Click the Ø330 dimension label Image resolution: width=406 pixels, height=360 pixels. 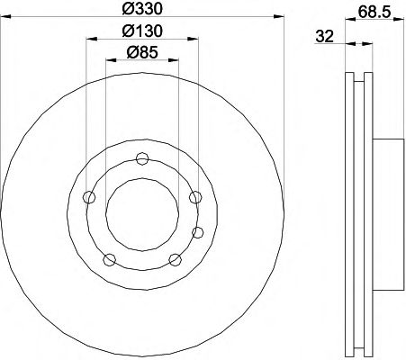142,9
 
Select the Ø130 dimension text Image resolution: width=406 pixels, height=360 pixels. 142,31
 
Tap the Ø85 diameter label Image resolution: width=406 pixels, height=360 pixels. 142,53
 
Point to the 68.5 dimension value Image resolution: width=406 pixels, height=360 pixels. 374,12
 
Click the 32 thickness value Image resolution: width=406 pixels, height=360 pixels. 325,37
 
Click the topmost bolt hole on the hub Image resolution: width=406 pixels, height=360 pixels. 142,158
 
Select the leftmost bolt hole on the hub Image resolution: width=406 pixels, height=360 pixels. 89,197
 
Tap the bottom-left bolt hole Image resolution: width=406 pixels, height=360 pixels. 110,260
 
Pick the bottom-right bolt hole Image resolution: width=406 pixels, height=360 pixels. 176,260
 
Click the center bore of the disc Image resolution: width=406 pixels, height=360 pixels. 142,214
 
